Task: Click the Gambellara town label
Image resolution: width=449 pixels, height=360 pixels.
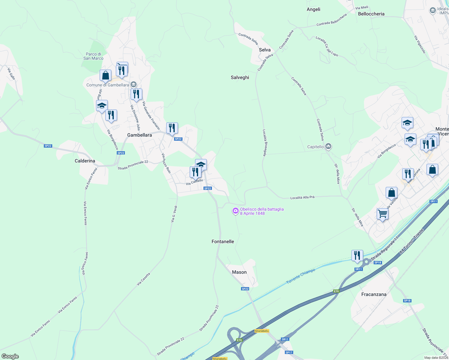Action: (x=140, y=135)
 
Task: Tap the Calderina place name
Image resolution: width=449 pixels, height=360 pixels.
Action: (x=85, y=161)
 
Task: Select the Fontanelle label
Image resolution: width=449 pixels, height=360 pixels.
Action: (x=223, y=241)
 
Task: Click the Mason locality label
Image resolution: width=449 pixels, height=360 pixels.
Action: (x=239, y=272)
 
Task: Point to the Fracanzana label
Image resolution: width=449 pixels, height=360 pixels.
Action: (x=374, y=294)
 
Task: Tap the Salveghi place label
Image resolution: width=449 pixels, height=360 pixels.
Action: (x=240, y=77)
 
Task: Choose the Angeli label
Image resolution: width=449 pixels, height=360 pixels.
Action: (x=313, y=9)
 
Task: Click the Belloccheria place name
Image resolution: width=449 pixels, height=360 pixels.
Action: (x=371, y=14)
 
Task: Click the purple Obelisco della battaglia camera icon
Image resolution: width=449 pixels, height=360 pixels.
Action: (x=236, y=211)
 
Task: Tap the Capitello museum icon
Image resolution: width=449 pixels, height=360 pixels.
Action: (x=328, y=146)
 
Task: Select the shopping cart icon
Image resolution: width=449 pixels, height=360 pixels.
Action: (x=382, y=214)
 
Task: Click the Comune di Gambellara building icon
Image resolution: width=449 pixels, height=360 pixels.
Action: (x=134, y=85)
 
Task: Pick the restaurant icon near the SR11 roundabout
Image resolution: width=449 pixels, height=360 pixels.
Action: (x=357, y=255)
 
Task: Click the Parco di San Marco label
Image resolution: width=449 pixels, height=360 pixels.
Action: (x=93, y=56)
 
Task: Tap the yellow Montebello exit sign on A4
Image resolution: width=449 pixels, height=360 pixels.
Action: (x=262, y=331)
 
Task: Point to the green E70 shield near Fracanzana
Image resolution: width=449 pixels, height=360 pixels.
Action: (x=336, y=291)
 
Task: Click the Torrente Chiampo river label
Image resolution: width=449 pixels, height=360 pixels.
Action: (x=301, y=276)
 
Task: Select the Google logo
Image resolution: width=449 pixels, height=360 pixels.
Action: (x=10, y=356)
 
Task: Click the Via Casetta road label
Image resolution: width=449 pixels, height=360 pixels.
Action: (x=143, y=279)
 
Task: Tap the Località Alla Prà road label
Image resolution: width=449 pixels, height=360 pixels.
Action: (x=302, y=197)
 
